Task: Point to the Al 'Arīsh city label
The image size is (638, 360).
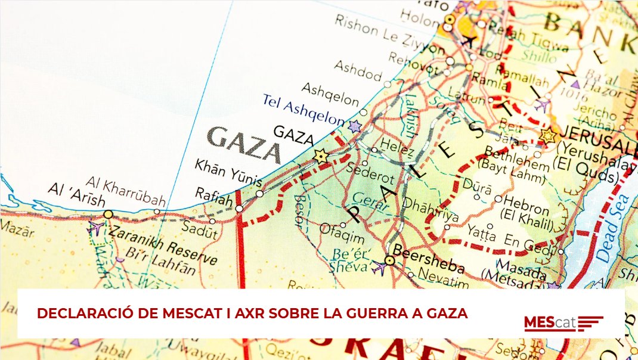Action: [77, 195]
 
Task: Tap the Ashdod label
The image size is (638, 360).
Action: [357, 70]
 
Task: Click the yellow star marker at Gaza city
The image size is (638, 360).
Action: [321, 156]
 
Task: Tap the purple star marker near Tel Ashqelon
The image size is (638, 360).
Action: [355, 126]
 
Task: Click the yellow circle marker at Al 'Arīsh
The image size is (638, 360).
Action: [108, 214]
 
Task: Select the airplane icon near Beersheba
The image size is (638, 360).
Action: [379, 268]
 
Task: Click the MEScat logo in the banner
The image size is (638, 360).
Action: [563, 322]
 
